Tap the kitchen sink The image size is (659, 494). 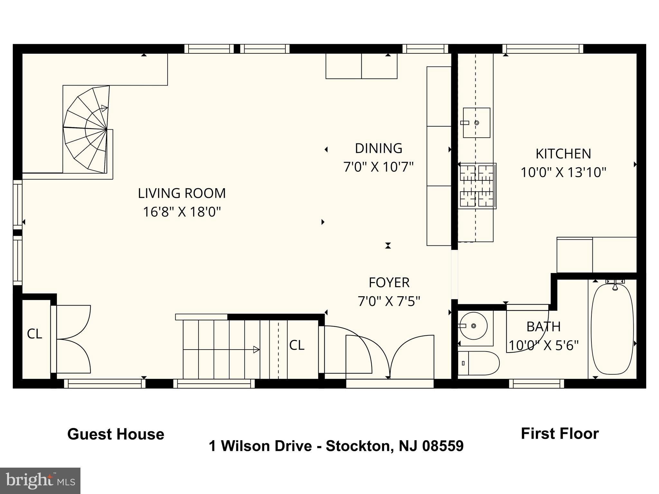pos(476,123)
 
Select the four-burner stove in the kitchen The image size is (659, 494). pos(477,186)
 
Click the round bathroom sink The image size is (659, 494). pos(473,326)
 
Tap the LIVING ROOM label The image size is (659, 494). pos(182,193)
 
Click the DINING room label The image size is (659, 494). pos(378,149)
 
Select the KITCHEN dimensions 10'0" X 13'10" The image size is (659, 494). pos(563,173)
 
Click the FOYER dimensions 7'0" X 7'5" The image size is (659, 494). pos(389,302)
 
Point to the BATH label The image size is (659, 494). pos(543,327)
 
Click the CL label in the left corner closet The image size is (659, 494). pos(34,334)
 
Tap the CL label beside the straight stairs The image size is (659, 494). pos(296,345)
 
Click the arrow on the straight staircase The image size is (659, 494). pos(256,349)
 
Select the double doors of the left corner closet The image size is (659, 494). pos(72,339)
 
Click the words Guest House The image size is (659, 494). pos(116,434)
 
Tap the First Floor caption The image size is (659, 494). pos(560,434)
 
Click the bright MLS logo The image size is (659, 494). pos(40,480)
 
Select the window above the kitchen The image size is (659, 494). pos(543,49)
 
